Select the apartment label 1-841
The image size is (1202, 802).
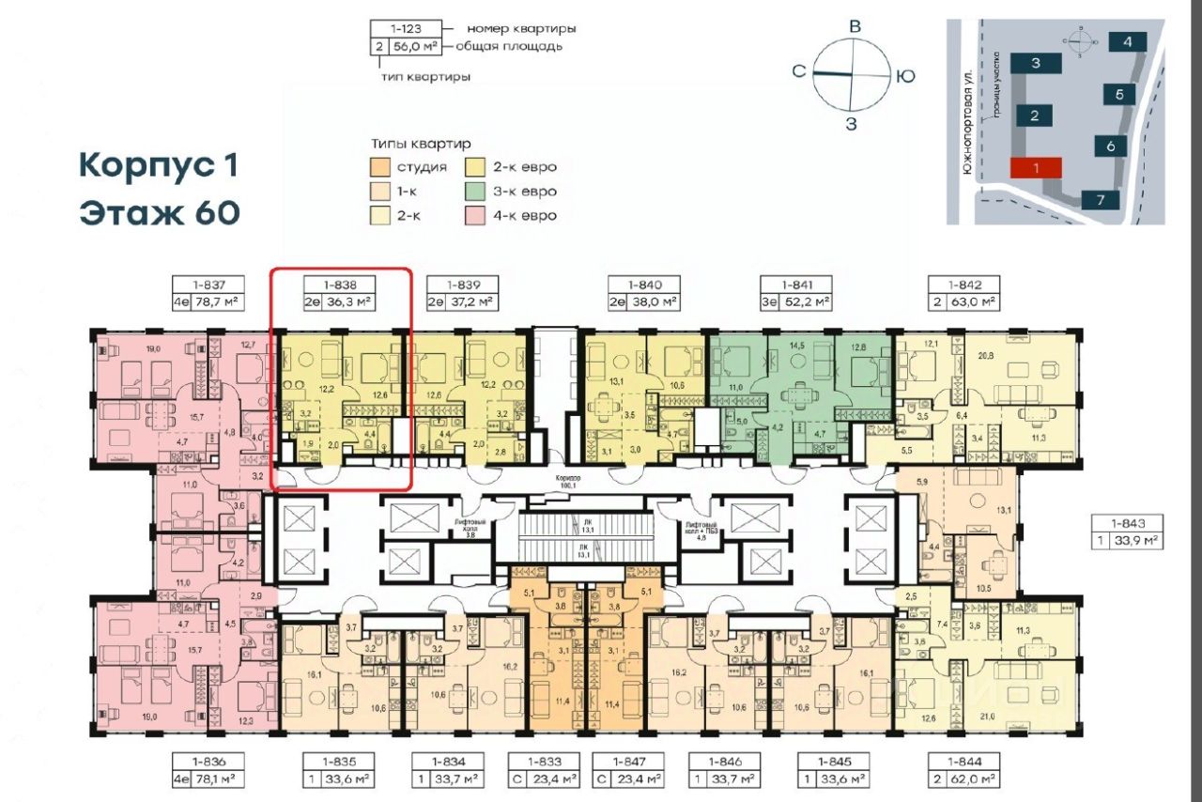click(796, 283)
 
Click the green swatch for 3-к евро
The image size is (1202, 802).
click(476, 192)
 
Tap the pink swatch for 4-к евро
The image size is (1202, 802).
click(476, 216)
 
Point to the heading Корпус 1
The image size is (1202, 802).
click(158, 166)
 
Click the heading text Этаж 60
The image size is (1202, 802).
click(159, 213)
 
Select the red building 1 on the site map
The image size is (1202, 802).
click(1035, 168)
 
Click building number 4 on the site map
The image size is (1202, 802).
click(1126, 41)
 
